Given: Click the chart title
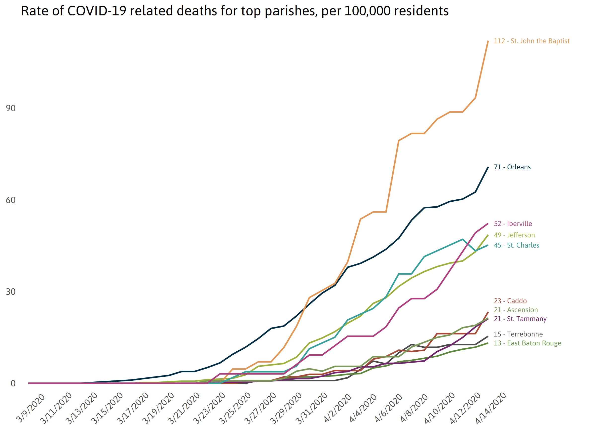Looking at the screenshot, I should [x=234, y=11].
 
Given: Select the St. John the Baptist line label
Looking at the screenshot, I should [x=531, y=41].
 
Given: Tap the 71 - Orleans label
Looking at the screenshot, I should [x=512, y=167].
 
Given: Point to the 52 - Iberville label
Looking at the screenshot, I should [x=513, y=224].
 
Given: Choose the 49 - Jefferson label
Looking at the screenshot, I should [x=514, y=235].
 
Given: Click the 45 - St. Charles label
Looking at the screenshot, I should [x=516, y=245].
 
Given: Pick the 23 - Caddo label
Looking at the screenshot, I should [x=510, y=301].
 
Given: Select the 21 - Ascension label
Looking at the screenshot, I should [x=516, y=310].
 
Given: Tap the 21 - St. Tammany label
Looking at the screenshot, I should [x=520, y=319].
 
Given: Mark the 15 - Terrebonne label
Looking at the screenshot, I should [x=518, y=334].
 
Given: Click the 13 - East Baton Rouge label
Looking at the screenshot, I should [x=527, y=343].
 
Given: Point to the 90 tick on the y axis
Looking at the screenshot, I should [x=11, y=108].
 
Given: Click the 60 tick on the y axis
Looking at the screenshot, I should [x=11, y=200].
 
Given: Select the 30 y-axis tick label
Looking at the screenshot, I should [x=11, y=292].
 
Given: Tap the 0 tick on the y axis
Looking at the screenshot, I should [x=13, y=383].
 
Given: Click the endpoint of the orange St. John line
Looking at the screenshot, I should [x=488, y=41].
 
